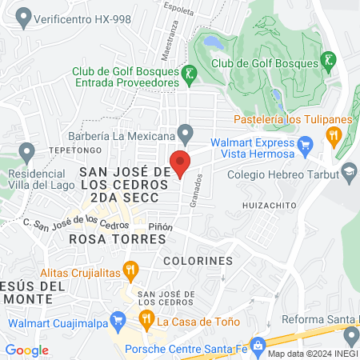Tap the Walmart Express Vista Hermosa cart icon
304,145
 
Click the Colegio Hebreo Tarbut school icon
349,171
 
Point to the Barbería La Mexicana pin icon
186,132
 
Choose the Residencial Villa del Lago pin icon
28,150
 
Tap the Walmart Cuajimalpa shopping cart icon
117,321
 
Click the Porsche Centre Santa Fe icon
258,345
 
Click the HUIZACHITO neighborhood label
269,206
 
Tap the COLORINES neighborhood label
197,261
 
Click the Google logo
26,350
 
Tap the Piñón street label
160,227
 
